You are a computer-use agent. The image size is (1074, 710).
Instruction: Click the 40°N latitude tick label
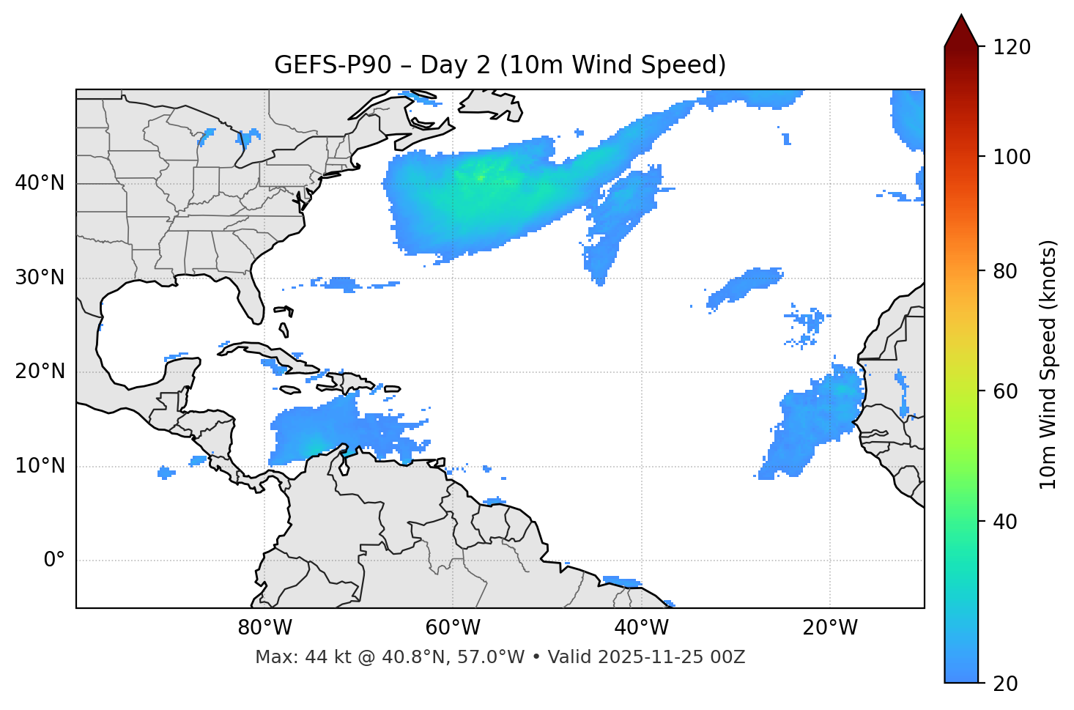40,183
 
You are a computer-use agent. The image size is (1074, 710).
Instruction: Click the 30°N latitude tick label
40,278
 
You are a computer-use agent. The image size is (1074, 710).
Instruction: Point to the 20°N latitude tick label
40,371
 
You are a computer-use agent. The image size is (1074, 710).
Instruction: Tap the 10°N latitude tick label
40,466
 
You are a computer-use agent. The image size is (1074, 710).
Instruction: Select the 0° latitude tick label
54,561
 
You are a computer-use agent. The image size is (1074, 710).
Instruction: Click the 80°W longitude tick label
264,628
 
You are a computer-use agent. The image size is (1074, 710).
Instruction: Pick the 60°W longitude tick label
453,628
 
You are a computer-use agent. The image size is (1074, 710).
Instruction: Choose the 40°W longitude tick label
641,628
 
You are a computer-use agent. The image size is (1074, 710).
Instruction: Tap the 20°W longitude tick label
829,628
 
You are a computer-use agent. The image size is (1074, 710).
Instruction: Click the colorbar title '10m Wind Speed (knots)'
1048,364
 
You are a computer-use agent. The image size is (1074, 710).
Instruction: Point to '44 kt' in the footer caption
325,657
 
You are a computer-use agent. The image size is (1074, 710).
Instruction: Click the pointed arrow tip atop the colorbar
961,18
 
